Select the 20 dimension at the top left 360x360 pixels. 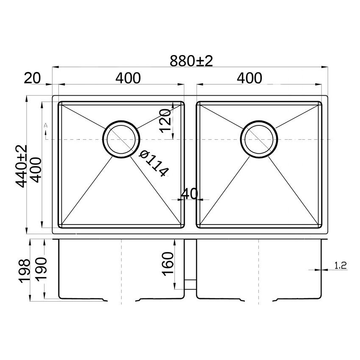pyautogui.click(x=32, y=78)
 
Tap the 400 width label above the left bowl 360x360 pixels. pyautogui.click(x=127, y=78)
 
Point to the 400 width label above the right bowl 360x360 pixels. pyautogui.click(x=249, y=78)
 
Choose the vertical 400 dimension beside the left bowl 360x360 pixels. pyautogui.click(x=36, y=169)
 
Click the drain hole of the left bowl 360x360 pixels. pyautogui.click(x=122, y=140)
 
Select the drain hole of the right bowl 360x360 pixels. pyautogui.click(x=259, y=140)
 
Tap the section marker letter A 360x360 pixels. pyautogui.click(x=45, y=126)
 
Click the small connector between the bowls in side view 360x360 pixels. pyautogui.click(x=191, y=283)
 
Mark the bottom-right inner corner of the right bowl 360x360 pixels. pyautogui.click(x=318, y=224)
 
